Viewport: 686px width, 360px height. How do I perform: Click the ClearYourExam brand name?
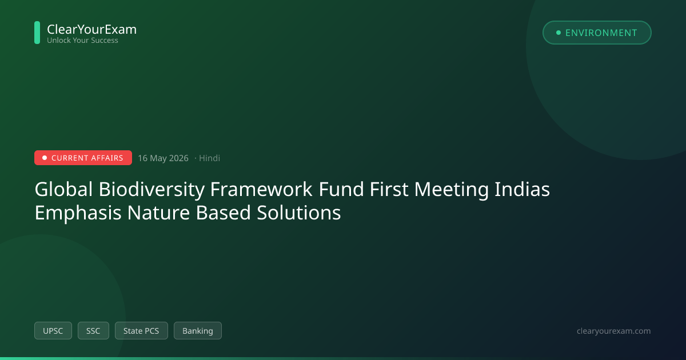[x=91, y=29]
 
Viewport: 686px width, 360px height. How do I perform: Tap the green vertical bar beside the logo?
[x=37, y=33]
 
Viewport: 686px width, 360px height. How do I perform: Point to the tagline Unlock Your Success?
[x=82, y=41]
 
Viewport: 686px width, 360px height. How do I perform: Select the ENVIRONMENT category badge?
[x=597, y=33]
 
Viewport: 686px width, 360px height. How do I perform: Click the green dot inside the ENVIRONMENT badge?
[x=559, y=33]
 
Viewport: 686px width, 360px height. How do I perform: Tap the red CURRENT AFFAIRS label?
[x=83, y=158]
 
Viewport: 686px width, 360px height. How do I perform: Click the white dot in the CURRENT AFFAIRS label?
[x=45, y=158]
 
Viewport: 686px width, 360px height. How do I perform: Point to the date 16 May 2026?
[x=163, y=158]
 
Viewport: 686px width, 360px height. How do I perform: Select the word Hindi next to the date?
[x=209, y=158]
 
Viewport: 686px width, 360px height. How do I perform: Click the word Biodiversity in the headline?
[x=151, y=190]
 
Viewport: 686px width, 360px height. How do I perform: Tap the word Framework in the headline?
[x=261, y=189]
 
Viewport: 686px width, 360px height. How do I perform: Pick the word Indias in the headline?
[x=522, y=189]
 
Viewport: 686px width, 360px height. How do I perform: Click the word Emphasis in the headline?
[x=78, y=213]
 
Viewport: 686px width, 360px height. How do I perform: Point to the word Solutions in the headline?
[x=298, y=213]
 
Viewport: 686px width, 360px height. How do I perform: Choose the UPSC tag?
[x=53, y=331]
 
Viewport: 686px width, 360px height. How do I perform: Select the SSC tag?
[x=93, y=331]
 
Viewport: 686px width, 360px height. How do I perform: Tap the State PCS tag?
[x=141, y=331]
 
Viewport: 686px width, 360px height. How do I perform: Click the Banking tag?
[x=198, y=331]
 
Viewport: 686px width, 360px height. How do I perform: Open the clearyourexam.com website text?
[x=613, y=331]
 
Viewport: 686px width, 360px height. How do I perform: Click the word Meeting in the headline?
[x=451, y=190]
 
